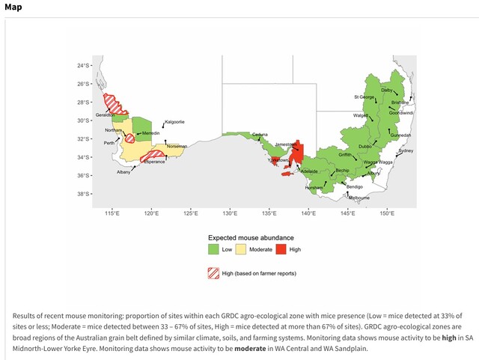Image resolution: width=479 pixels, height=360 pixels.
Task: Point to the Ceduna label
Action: click(260, 134)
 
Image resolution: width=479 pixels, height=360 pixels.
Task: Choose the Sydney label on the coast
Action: click(406, 151)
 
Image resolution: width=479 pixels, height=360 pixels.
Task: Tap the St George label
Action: click(365, 97)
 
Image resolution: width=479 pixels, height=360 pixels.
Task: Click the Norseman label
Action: click(177, 146)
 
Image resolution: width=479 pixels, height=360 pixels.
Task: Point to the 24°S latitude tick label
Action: click(82, 66)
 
